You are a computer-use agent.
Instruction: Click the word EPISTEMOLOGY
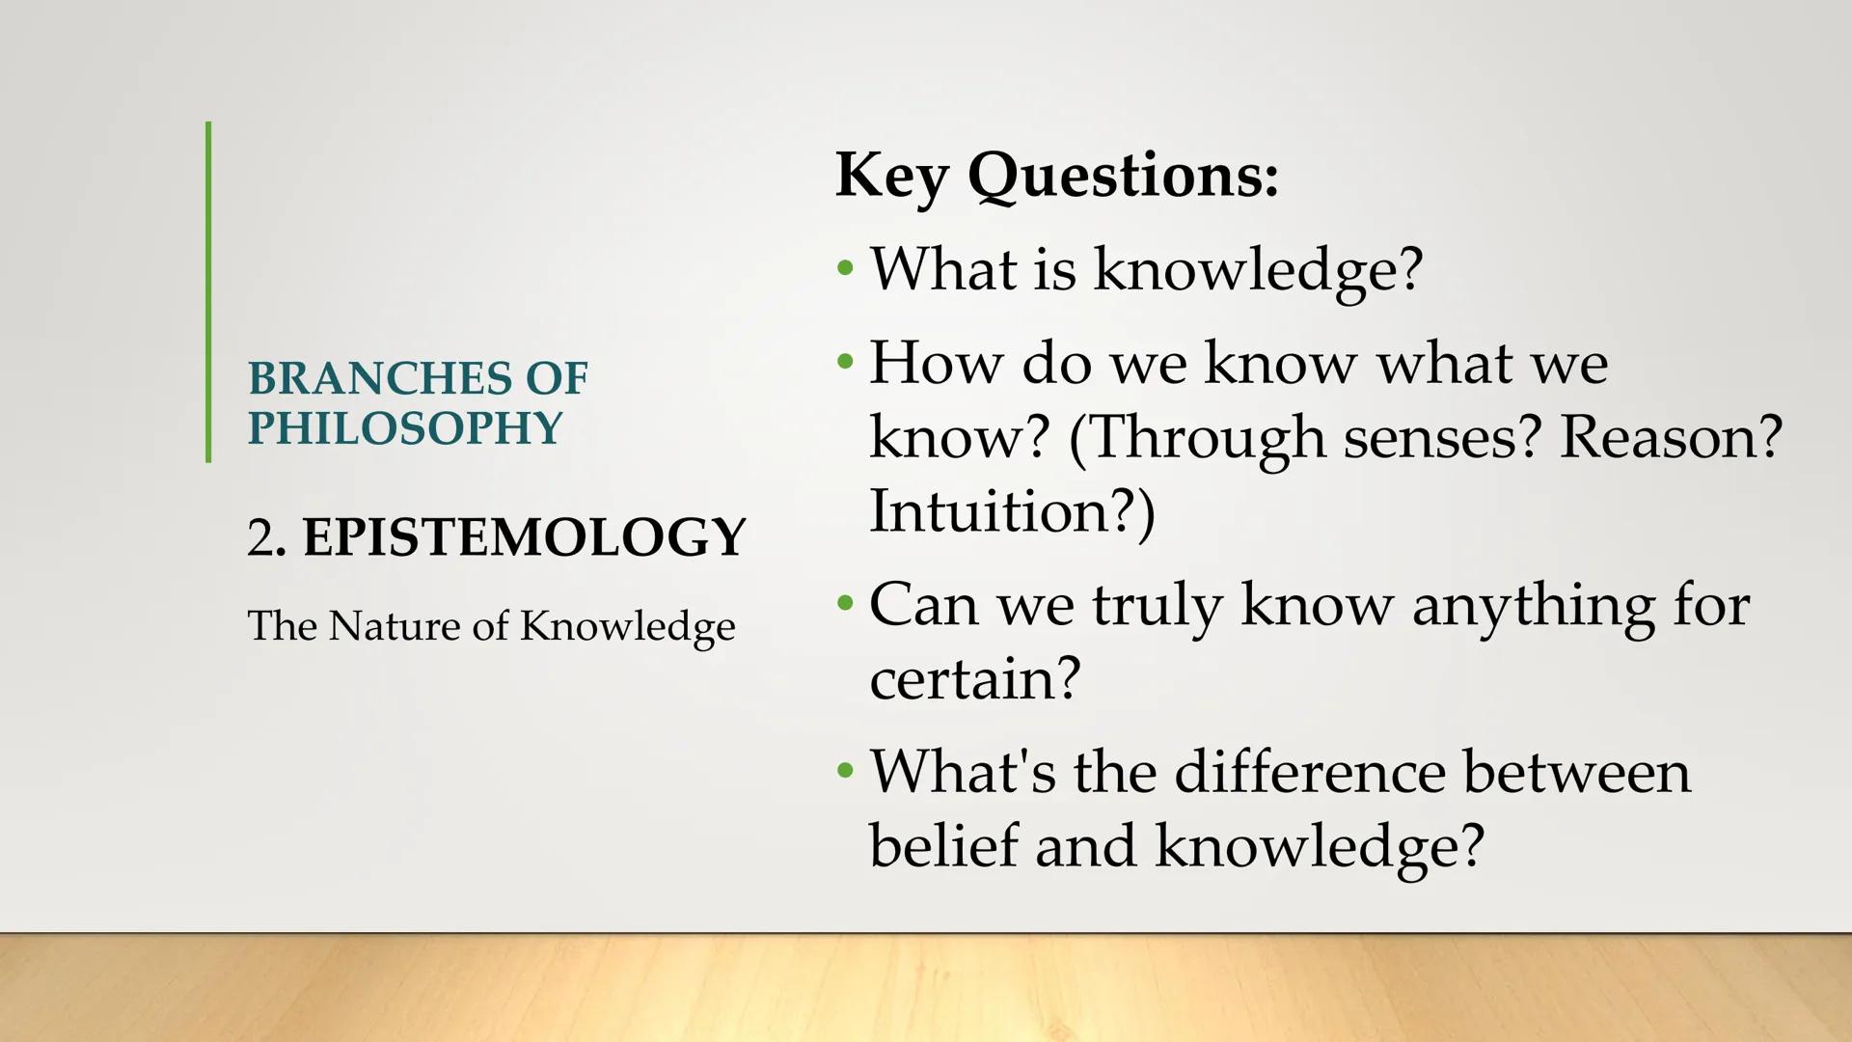pos(525,537)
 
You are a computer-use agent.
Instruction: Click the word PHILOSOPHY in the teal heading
pos(405,428)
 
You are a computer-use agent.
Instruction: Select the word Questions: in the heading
pos(1124,177)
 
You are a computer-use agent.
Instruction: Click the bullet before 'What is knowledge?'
pos(845,268)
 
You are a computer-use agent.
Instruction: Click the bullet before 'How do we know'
pos(845,363)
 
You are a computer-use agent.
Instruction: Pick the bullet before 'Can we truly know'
pos(845,604)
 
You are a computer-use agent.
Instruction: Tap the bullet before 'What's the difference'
pos(845,771)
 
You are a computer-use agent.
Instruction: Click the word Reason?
pos(1671,437)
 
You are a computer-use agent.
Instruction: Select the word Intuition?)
pos(1012,510)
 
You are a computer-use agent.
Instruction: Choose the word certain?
pos(974,678)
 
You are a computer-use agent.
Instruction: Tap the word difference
pos(1309,772)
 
